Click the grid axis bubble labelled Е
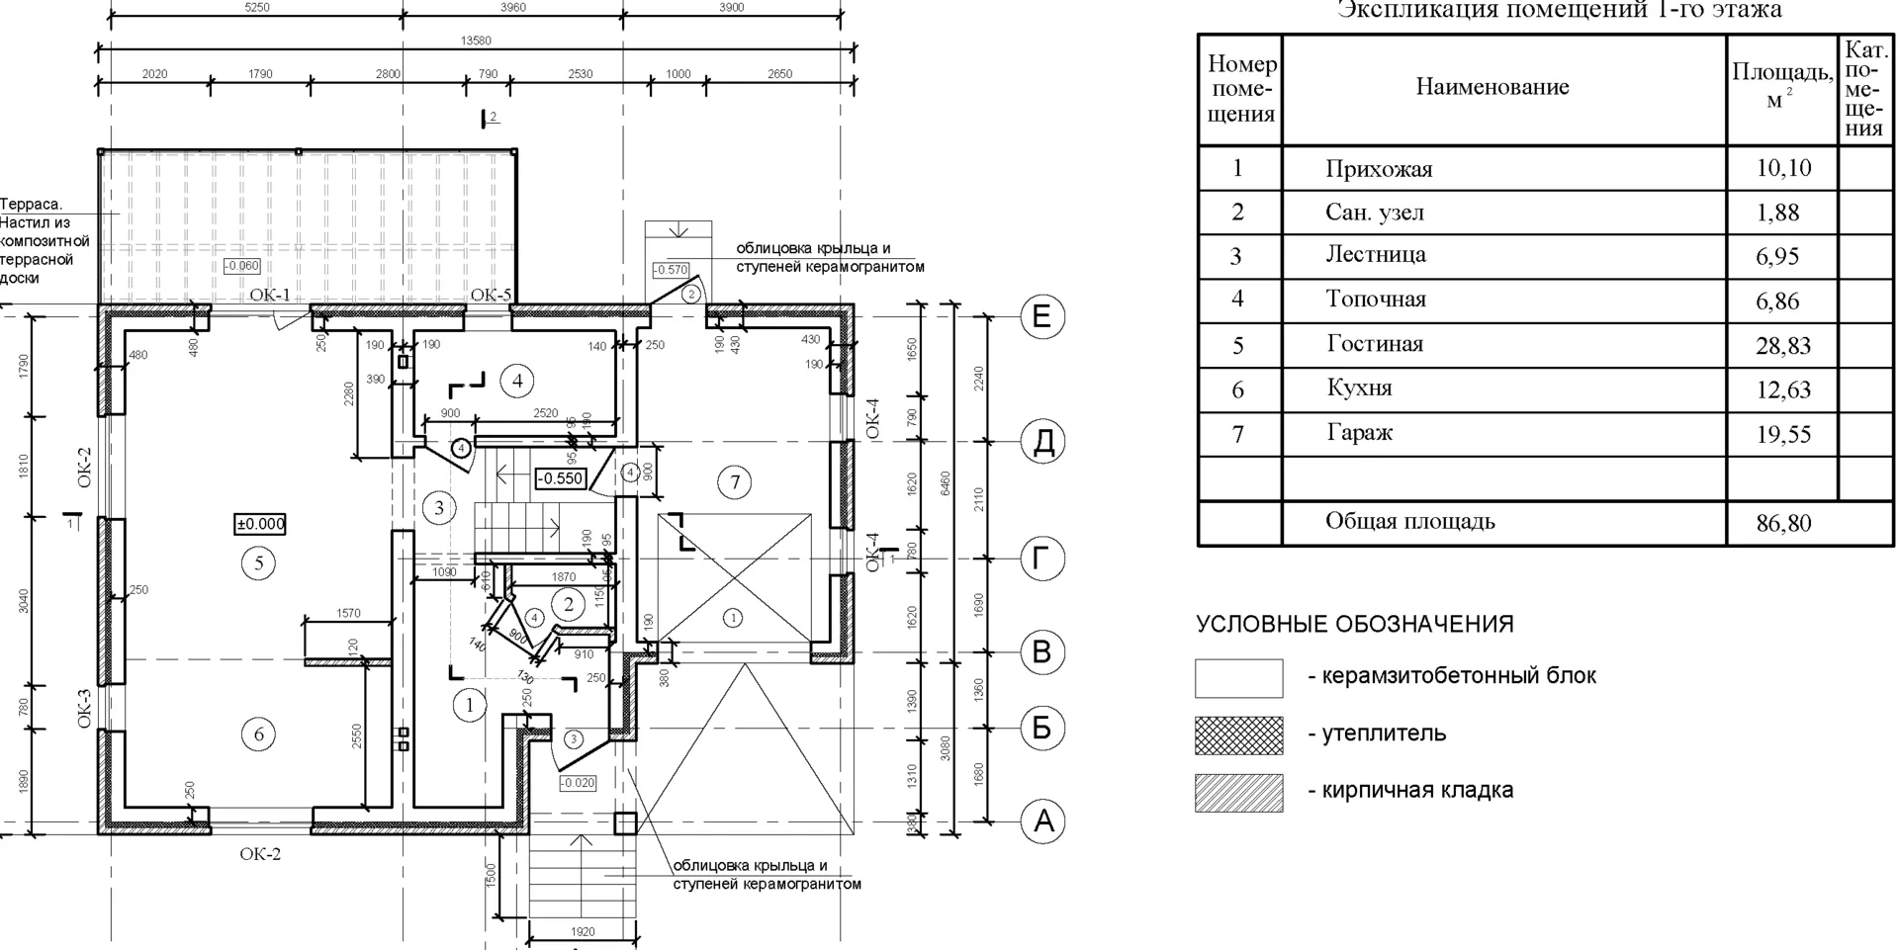tap(1041, 316)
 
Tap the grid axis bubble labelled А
tap(1042, 821)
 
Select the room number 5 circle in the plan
tap(259, 563)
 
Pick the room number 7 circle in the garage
tap(734, 482)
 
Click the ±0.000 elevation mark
tap(260, 524)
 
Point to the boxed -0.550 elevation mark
tap(561, 478)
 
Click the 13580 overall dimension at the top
tap(476, 42)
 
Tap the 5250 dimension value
tap(256, 8)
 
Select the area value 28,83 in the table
tap(1783, 346)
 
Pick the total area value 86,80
tap(1783, 523)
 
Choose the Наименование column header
tap(1492, 87)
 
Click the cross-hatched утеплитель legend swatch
tap(1238, 735)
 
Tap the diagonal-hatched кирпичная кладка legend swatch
tap(1238, 793)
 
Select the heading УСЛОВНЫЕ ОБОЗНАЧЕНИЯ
tap(1354, 625)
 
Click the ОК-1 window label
tap(270, 295)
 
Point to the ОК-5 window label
tap(491, 295)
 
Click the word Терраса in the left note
tap(31, 205)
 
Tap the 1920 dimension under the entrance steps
tap(583, 931)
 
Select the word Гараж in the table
tap(1359, 433)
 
